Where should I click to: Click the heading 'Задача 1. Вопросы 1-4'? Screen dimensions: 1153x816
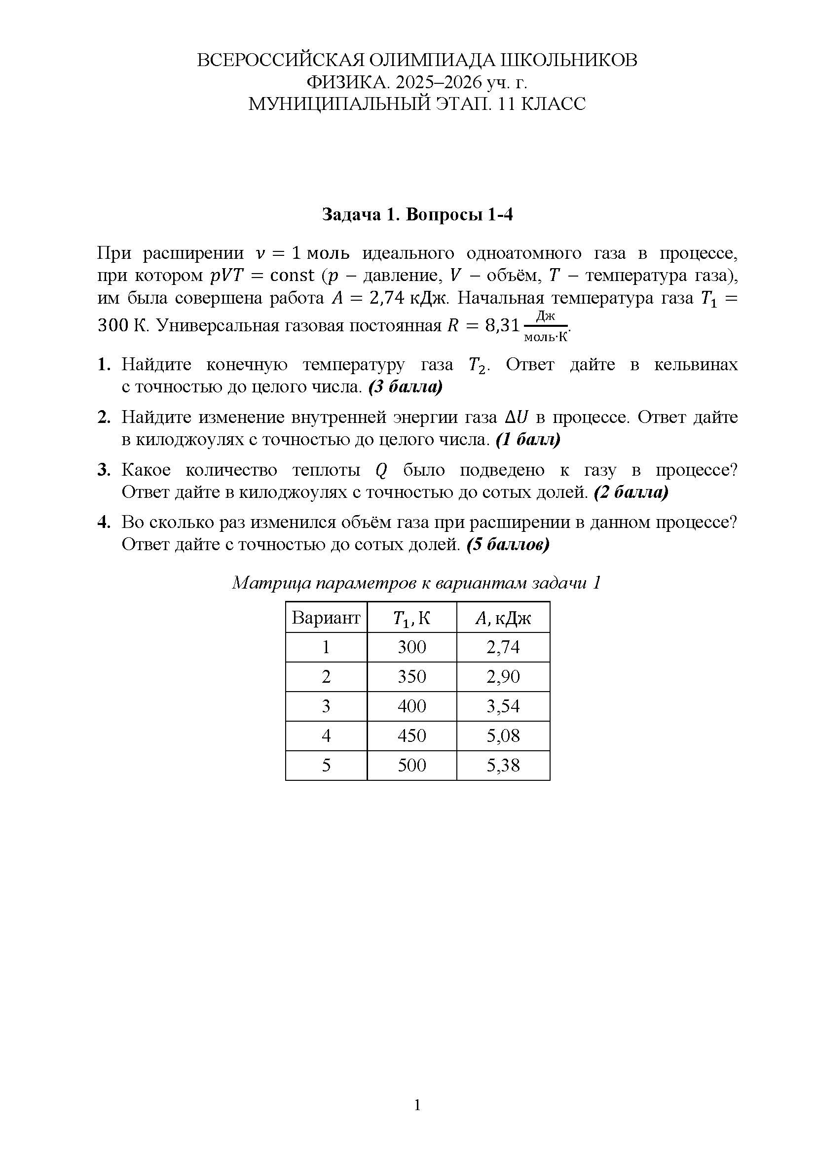(417, 214)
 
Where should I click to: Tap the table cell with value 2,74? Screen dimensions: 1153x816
(503, 647)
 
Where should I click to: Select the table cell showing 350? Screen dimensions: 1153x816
(411, 677)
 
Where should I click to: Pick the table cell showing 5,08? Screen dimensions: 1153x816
(503, 736)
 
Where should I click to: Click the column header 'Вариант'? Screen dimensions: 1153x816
(326, 618)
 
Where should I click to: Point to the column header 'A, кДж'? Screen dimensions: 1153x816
(503, 618)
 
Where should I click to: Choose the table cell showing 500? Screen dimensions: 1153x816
(411, 766)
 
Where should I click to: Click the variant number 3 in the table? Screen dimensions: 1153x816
(326, 706)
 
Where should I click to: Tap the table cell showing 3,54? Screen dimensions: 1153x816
(503, 706)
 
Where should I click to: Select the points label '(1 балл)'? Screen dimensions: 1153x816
(528, 440)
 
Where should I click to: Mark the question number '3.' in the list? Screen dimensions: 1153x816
(104, 470)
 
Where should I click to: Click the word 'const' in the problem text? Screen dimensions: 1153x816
(292, 276)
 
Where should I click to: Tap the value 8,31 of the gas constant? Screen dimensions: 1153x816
(502, 326)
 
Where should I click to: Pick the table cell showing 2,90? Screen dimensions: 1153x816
(503, 677)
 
